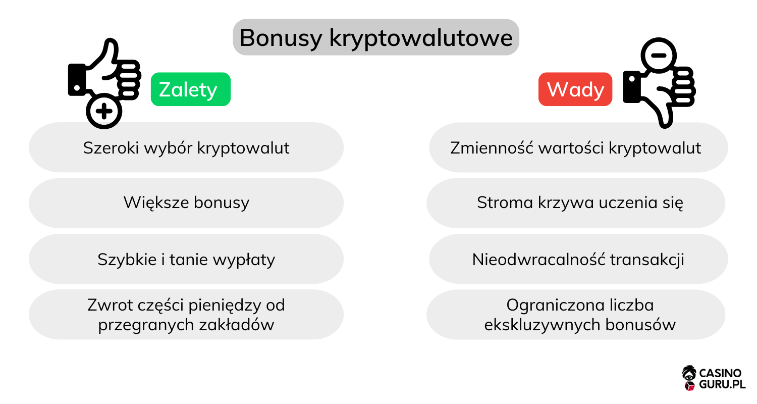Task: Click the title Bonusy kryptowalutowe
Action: tap(375, 38)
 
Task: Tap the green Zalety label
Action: tap(190, 89)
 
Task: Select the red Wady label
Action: tap(575, 89)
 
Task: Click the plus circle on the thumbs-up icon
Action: tap(103, 110)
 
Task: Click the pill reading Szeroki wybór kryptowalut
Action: tap(186, 147)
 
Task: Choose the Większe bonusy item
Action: tap(186, 203)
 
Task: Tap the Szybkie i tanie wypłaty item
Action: tap(186, 259)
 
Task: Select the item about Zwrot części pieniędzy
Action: tap(186, 315)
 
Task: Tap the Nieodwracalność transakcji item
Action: tap(578, 259)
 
